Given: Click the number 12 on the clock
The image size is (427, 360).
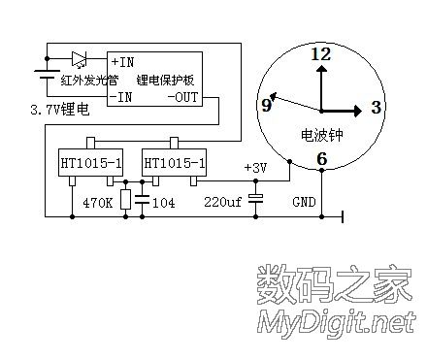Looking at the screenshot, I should pyautogui.click(x=320, y=56).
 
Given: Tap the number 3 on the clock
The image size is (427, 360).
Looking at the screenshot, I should pyautogui.click(x=376, y=106).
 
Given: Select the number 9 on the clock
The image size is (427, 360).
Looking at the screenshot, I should pyautogui.click(x=266, y=105).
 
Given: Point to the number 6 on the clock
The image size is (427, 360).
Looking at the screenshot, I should pyautogui.click(x=321, y=159).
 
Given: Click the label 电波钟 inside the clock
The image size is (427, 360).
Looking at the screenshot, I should pyautogui.click(x=320, y=133).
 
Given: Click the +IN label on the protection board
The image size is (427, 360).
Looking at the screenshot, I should pyautogui.click(x=121, y=62).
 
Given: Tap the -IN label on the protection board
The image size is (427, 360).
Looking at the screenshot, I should pyautogui.click(x=120, y=97).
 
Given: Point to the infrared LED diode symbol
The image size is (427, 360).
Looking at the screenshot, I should pyautogui.click(x=80, y=57).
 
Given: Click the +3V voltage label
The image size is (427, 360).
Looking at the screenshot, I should pyautogui.click(x=255, y=167).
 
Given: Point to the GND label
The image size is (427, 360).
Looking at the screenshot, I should pyautogui.click(x=305, y=203).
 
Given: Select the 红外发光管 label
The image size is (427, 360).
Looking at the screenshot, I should pyautogui.click(x=88, y=80).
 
